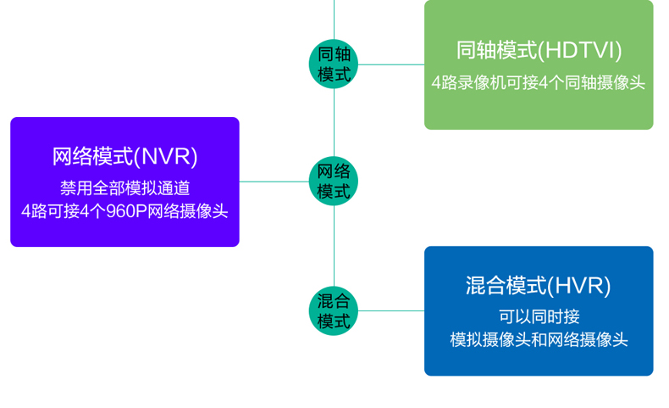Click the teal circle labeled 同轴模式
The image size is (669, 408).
click(x=334, y=64)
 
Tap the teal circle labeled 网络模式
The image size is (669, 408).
click(x=334, y=182)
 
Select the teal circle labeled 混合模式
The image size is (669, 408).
click(x=334, y=310)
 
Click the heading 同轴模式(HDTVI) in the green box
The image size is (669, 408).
click(x=539, y=50)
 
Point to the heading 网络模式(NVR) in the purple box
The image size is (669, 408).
click(x=124, y=156)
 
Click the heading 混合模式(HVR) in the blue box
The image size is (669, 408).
click(x=539, y=285)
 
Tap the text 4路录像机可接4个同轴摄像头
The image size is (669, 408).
click(x=538, y=82)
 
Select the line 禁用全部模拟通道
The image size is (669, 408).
click(x=125, y=188)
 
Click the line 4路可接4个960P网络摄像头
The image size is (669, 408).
click(x=124, y=211)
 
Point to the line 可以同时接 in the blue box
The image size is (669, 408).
click(x=539, y=316)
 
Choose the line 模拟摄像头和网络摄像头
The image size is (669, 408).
click(x=539, y=340)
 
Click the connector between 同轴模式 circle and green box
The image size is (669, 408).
click(x=391, y=64)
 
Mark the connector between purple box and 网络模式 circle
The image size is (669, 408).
click(x=274, y=182)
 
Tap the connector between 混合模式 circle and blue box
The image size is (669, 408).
click(x=391, y=310)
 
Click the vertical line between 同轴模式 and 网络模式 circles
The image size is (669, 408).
click(x=334, y=123)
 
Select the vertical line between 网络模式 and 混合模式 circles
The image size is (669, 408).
click(x=334, y=246)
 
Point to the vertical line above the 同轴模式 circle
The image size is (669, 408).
click(x=334, y=20)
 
